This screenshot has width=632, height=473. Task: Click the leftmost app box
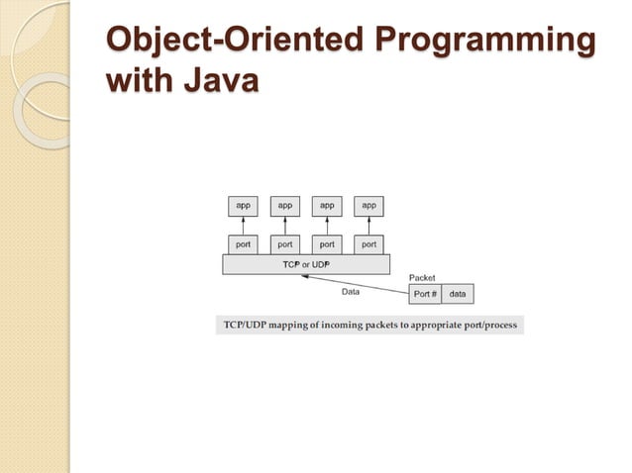[x=243, y=206]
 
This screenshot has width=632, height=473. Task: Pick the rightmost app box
[x=369, y=206]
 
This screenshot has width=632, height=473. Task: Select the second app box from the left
[x=285, y=206]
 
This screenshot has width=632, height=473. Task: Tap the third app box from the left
[x=327, y=206]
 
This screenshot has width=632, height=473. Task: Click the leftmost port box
[x=243, y=243]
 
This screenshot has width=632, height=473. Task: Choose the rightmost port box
[x=369, y=243]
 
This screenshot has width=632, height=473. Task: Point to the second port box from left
[x=285, y=243]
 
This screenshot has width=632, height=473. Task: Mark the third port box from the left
[x=327, y=243]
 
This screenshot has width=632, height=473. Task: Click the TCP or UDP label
[x=306, y=264]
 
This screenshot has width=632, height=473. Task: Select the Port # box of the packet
[x=425, y=294]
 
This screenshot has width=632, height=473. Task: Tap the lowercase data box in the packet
[x=458, y=294]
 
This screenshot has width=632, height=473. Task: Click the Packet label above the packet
[x=422, y=278]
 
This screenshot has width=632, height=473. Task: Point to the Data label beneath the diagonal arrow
[x=351, y=292]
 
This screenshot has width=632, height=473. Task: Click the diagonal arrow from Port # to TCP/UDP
[x=357, y=282]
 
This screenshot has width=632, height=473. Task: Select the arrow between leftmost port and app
[x=243, y=225]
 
